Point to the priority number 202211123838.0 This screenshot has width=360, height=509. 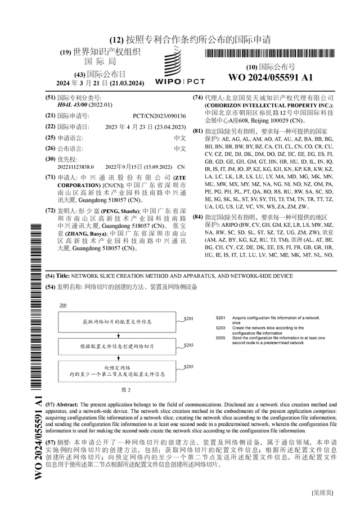pyautogui.click(x=70, y=167)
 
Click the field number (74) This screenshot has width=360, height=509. pyautogui.click(x=198, y=97)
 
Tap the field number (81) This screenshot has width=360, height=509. pyautogui.click(x=198, y=131)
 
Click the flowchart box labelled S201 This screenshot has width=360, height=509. pyautogui.click(x=116, y=322)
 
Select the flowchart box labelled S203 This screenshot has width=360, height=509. pyautogui.click(x=116, y=348)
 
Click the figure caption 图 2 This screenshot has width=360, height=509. pyautogui.click(x=125, y=389)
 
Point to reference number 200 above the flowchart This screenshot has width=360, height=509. pyautogui.click(x=62, y=305)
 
